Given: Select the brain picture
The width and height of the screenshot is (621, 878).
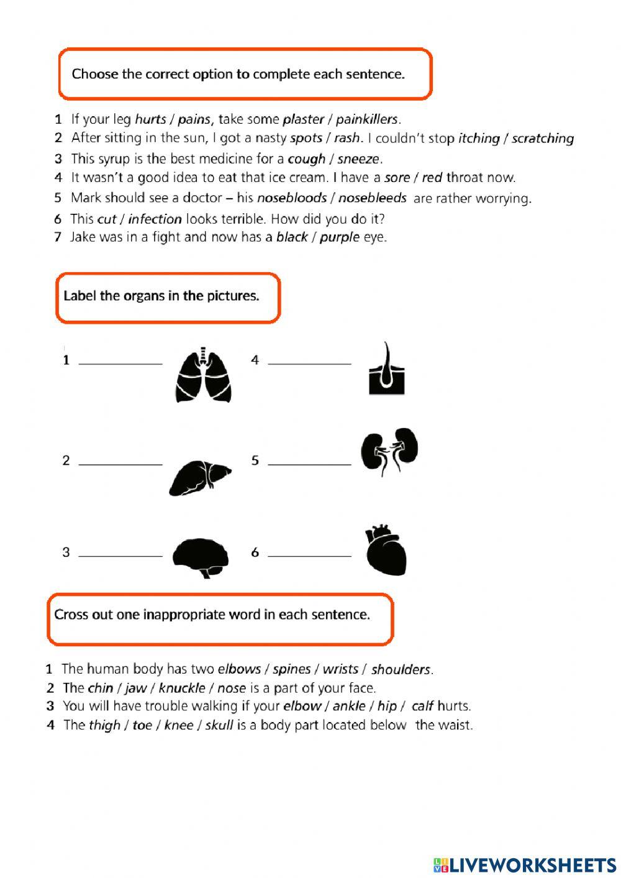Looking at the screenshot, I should pyautogui.click(x=200, y=557).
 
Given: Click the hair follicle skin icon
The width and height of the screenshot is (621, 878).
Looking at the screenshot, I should pyautogui.click(x=386, y=369).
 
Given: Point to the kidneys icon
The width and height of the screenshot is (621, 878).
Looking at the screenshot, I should pyautogui.click(x=389, y=452).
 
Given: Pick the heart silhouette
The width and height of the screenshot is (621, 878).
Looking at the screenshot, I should pyautogui.click(x=386, y=551).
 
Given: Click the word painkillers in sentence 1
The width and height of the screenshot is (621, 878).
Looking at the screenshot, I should pyautogui.click(x=366, y=119).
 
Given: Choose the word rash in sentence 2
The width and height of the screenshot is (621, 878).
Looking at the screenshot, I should pyautogui.click(x=347, y=138).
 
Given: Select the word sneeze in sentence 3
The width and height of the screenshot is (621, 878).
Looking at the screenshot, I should pyautogui.click(x=358, y=158).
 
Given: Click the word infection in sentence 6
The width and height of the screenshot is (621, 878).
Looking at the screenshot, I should pyautogui.click(x=155, y=219).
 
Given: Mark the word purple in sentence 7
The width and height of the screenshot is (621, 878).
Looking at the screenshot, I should pyautogui.click(x=339, y=237).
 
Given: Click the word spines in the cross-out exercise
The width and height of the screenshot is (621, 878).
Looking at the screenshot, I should pyautogui.click(x=291, y=669).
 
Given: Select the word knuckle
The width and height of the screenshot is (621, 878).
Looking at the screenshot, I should pyautogui.click(x=181, y=688).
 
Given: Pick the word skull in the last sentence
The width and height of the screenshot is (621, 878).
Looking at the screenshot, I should pyautogui.click(x=219, y=725).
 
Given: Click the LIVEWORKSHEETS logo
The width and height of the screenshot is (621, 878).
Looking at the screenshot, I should pyautogui.click(x=524, y=865).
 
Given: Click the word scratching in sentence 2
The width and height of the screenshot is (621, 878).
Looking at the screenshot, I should pyautogui.click(x=542, y=139).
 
